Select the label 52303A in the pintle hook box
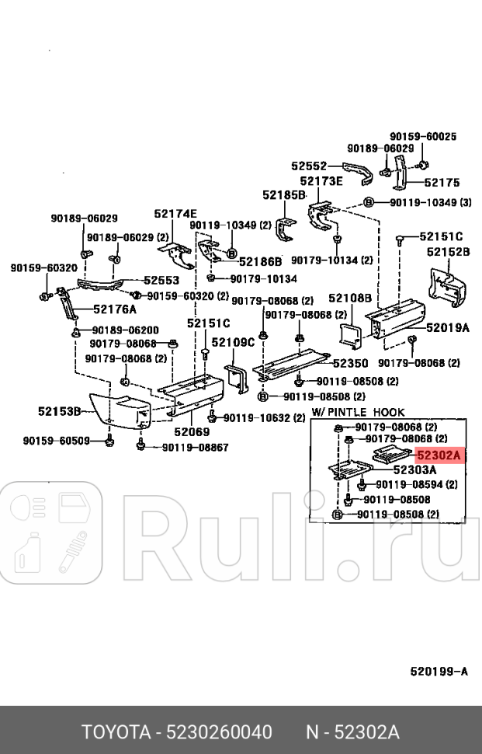point(414,470)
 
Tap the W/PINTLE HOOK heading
point(358,411)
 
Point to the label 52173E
point(321,181)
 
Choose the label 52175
point(442,183)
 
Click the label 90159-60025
point(423,136)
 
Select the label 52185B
point(283,195)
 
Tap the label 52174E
point(175,214)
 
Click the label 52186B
point(260,262)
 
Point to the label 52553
point(161,281)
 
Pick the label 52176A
point(115,309)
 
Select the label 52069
point(192,431)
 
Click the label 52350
point(350,363)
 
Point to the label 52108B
point(349,298)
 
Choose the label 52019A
point(448,328)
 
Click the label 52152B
point(448,252)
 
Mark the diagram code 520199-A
point(439,670)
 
